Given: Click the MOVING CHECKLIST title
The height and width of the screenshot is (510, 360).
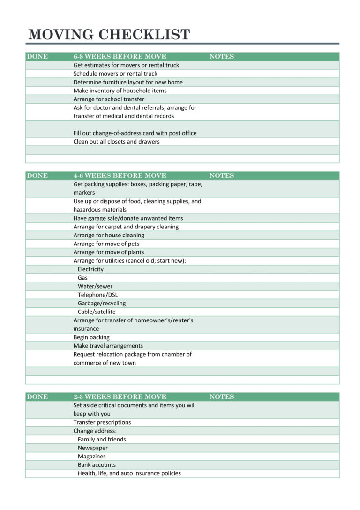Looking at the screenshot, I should [109, 35].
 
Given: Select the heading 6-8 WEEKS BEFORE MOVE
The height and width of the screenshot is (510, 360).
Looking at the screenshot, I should [120, 57].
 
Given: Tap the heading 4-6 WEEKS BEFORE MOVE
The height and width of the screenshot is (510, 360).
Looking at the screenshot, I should [120, 176].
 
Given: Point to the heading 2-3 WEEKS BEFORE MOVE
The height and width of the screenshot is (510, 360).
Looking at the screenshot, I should [120, 397].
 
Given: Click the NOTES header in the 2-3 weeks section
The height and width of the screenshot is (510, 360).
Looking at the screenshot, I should [221, 397].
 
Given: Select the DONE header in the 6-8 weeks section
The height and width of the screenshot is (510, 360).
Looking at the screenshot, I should [37, 57].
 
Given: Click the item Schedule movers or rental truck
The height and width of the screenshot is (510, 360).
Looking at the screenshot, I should [115, 74].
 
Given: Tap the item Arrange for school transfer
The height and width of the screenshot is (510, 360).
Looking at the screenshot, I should [109, 99].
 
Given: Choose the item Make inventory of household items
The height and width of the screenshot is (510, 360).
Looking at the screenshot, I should [120, 91].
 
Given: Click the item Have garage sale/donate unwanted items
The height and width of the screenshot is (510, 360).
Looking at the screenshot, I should [128, 219].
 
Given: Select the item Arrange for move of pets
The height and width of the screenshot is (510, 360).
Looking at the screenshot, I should [106, 244].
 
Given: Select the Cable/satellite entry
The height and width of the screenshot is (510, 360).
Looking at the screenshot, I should [97, 312].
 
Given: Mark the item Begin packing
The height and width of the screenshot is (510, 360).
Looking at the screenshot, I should [91, 337].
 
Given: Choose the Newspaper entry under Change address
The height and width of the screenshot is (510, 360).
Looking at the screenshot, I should [92, 448].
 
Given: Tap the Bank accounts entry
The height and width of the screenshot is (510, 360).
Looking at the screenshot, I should [97, 465].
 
